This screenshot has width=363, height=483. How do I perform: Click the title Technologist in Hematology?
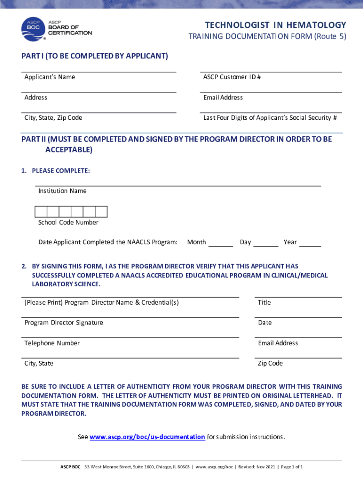[276, 25]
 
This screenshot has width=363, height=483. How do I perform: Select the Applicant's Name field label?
[49, 77]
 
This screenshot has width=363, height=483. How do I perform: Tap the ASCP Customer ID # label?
[232, 77]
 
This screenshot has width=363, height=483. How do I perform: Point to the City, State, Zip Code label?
[53, 117]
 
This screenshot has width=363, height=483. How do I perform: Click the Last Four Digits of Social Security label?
[270, 117]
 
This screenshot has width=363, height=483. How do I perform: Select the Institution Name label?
[62, 191]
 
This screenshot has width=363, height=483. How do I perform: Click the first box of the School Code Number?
[41, 212]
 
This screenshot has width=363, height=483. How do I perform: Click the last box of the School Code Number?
[101, 212]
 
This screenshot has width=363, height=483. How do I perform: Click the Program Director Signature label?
[64, 323]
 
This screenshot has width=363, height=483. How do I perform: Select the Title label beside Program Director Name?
[264, 302]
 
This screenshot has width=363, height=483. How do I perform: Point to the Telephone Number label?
[52, 343]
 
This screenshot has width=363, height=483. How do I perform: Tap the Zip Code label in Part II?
[270, 363]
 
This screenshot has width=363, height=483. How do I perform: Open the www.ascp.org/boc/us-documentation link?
[147, 437]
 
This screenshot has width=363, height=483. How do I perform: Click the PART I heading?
[94, 56]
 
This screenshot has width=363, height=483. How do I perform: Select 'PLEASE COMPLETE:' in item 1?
[61, 171]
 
